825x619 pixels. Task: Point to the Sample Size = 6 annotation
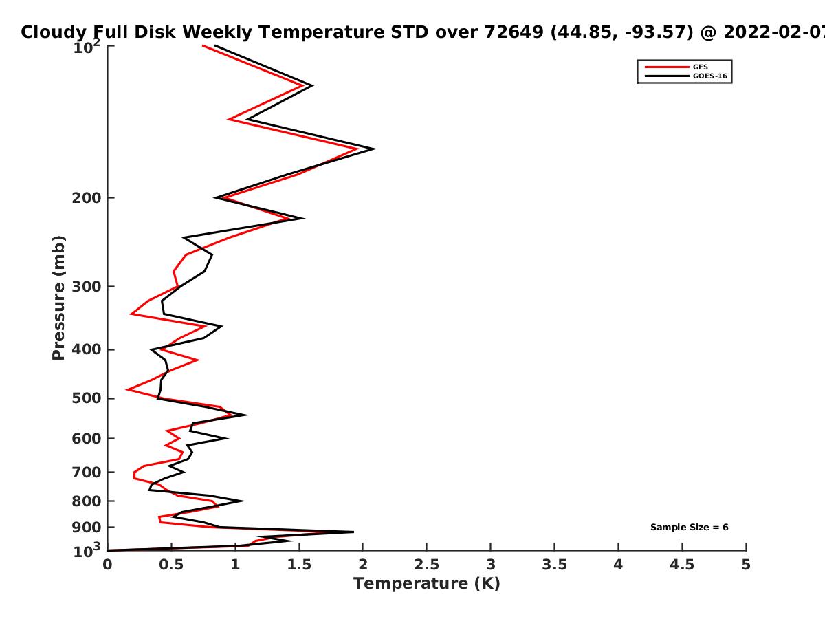click(x=690, y=527)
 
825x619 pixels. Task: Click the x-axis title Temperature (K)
click(x=427, y=583)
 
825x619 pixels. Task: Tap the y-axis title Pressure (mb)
click(x=58, y=298)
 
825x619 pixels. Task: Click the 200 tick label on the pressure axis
click(x=87, y=197)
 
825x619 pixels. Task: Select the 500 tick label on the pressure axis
click(x=87, y=398)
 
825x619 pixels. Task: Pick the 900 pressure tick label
click(x=87, y=528)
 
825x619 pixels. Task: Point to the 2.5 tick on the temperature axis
click(x=427, y=565)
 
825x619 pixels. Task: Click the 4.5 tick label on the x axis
click(x=682, y=565)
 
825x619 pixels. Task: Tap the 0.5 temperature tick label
click(x=171, y=565)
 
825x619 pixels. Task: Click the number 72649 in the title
click(x=514, y=32)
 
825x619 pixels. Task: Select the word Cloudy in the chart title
click(x=54, y=32)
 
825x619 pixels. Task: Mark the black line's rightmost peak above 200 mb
click(x=375, y=149)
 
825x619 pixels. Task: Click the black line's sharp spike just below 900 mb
click(x=353, y=532)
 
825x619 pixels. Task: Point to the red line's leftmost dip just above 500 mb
click(x=126, y=389)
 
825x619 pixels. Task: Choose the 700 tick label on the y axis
click(x=87, y=472)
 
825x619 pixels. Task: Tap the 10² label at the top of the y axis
click(x=87, y=46)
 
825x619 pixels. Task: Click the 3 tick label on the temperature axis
click(x=490, y=565)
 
